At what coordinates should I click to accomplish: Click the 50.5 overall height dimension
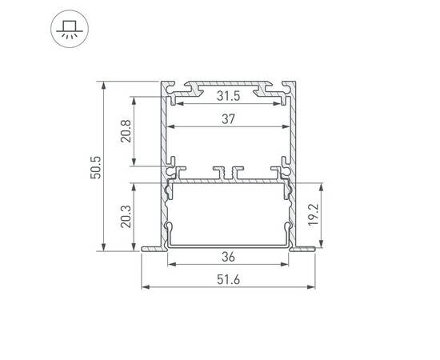click(96, 166)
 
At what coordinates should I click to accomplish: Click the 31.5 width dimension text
click(229, 96)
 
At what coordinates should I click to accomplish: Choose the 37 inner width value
click(229, 118)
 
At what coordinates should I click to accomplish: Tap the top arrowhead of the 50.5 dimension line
click(104, 84)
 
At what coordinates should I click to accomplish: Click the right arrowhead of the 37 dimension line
click(286, 126)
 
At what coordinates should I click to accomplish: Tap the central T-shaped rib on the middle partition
click(229, 171)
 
